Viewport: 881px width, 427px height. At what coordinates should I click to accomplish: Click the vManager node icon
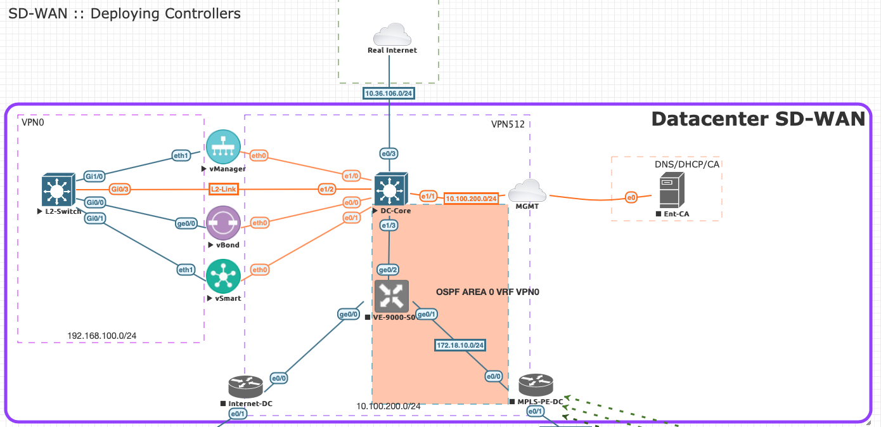pyautogui.click(x=223, y=146)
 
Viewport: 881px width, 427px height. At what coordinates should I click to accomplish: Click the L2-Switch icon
pyautogui.click(x=58, y=189)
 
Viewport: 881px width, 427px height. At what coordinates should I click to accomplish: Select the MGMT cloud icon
pyautogui.click(x=527, y=190)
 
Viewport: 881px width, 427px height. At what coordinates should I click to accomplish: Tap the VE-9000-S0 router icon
pyautogui.click(x=392, y=296)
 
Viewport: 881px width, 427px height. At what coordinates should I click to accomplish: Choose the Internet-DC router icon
pyautogui.click(x=245, y=386)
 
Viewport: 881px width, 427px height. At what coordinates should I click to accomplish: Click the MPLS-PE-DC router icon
pyautogui.click(x=536, y=384)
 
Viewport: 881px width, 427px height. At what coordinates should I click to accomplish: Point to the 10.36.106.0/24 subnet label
pyautogui.click(x=389, y=94)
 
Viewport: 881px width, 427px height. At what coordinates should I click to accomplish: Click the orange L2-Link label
pyautogui.click(x=224, y=189)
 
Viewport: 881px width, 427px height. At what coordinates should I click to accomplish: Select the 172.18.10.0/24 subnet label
pyautogui.click(x=460, y=345)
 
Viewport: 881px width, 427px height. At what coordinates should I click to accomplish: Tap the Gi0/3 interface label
pyautogui.click(x=120, y=189)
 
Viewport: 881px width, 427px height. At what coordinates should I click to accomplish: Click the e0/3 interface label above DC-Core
pyautogui.click(x=389, y=154)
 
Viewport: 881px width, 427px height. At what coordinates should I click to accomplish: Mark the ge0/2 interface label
pyautogui.click(x=388, y=270)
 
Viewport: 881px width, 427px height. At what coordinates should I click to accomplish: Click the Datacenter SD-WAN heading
pyautogui.click(x=758, y=119)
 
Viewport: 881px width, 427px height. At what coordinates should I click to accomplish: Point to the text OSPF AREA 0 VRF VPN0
pyautogui.click(x=486, y=292)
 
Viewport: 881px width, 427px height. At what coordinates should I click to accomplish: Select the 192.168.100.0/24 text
pyautogui.click(x=102, y=335)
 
